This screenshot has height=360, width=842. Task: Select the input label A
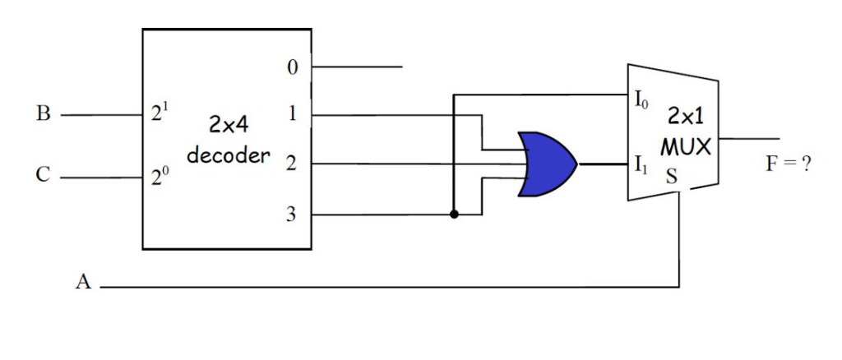pyautogui.click(x=82, y=285)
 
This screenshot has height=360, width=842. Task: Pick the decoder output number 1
pyautogui.click(x=293, y=114)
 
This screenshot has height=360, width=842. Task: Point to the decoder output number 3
pyautogui.click(x=293, y=215)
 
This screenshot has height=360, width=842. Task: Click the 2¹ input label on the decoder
pyautogui.click(x=160, y=114)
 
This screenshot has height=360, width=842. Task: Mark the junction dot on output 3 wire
pyautogui.click(x=454, y=215)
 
